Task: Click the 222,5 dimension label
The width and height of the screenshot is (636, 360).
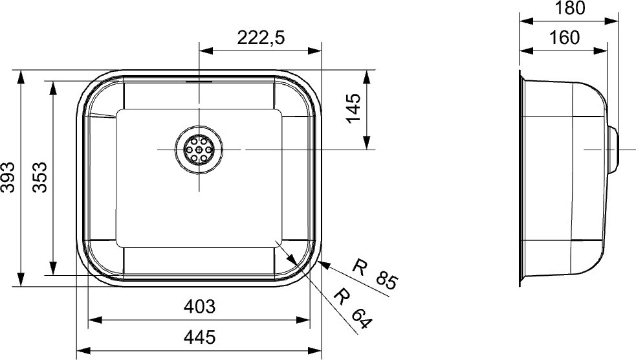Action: pyautogui.click(x=261, y=38)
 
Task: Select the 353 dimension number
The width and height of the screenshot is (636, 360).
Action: pyautogui.click(x=39, y=177)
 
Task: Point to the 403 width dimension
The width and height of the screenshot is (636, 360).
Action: pyautogui.click(x=199, y=306)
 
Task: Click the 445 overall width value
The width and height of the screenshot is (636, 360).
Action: pyautogui.click(x=199, y=337)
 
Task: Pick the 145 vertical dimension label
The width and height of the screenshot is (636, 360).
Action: pyautogui.click(x=353, y=108)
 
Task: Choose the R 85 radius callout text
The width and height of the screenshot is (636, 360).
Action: pyautogui.click(x=375, y=275)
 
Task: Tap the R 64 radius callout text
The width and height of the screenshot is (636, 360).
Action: pyautogui.click(x=352, y=308)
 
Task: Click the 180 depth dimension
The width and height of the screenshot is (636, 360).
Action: pyautogui.click(x=569, y=8)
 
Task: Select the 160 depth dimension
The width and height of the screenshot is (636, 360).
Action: pyautogui.click(x=564, y=38)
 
